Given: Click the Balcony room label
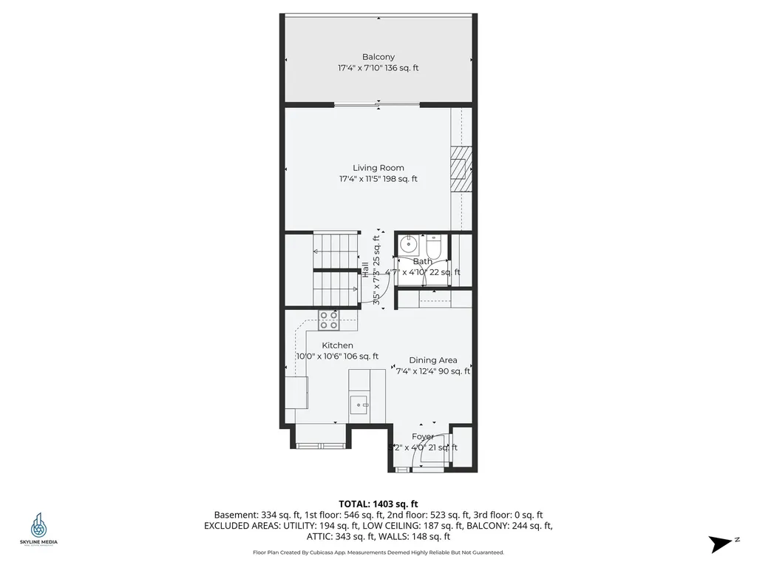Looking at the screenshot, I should coord(378,57).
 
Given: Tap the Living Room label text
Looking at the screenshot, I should coord(378,168).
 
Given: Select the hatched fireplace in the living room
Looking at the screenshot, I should coord(461,169).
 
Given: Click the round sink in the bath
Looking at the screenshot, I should coord(409,244).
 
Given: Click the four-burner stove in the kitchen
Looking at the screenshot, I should coord(329,320).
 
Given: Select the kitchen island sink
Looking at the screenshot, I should coord(360,404).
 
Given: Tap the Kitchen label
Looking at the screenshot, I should coord(337,345).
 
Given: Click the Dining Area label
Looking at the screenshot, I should coord(432,360).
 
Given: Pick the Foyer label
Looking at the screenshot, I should coord(423,436).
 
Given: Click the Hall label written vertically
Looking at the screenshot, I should coord(364,270).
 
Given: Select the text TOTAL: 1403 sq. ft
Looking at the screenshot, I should coord(378,504).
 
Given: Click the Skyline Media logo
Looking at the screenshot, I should coord(38,530).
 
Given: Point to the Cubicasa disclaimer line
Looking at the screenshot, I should coord(378,552).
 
